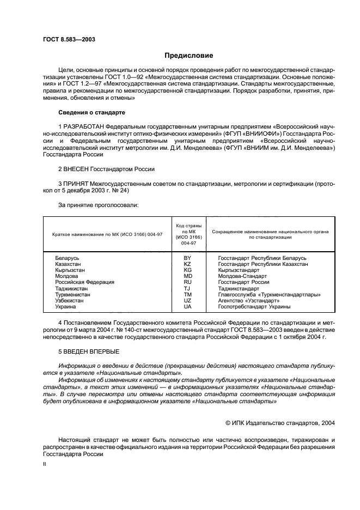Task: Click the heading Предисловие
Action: tap(189, 56)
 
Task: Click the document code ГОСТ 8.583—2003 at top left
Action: tap(66, 40)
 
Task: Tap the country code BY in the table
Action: tap(187, 258)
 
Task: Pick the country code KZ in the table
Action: tap(187, 264)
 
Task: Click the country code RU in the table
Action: tap(187, 282)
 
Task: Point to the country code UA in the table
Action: tap(187, 307)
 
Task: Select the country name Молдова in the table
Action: tap(68, 276)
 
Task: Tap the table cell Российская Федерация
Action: tap(84, 282)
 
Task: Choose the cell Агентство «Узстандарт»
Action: tap(248, 301)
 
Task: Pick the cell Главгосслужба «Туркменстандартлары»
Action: tap(269, 294)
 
